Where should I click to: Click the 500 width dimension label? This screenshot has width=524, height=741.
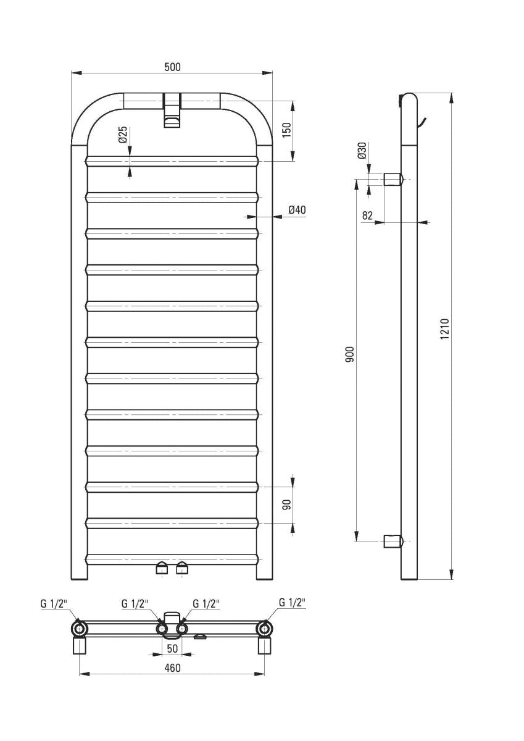click(x=172, y=67)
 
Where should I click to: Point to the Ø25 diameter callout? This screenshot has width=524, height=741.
click(x=123, y=135)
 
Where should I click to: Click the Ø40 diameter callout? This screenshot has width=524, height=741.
click(x=297, y=211)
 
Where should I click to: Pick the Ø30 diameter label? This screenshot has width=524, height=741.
click(x=362, y=151)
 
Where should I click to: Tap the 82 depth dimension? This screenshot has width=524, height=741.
click(x=368, y=215)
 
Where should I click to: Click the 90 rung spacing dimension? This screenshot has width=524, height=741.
click(x=286, y=505)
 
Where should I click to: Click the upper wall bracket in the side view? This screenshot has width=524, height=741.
click(x=393, y=180)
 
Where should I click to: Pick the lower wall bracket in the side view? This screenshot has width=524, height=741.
click(x=393, y=542)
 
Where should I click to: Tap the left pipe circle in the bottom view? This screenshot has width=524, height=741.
click(x=80, y=629)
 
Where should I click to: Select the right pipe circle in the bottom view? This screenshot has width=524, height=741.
click(x=265, y=629)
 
